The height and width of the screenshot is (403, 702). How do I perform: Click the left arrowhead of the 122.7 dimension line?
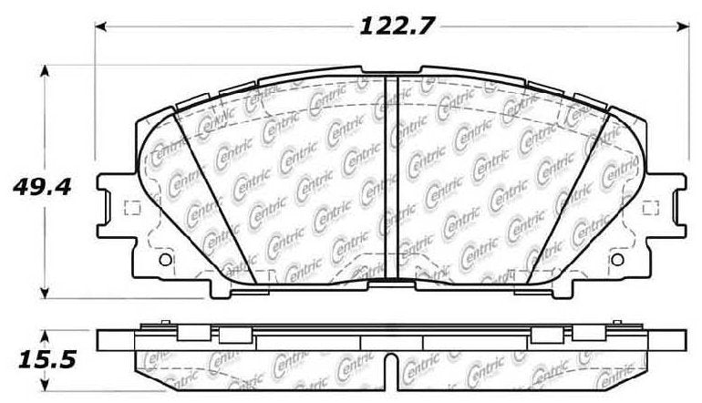102,26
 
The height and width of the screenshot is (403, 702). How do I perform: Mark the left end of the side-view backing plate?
102,338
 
